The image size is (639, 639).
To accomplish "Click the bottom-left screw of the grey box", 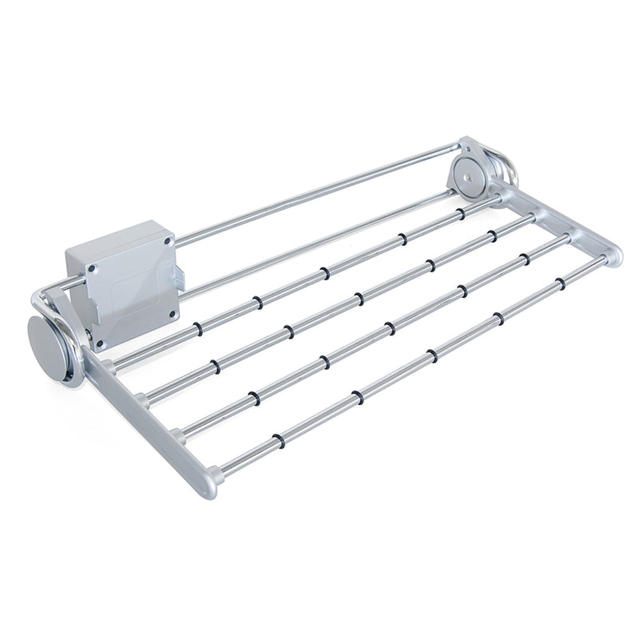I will click(x=100, y=343).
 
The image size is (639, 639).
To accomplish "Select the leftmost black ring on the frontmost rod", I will click(x=277, y=439).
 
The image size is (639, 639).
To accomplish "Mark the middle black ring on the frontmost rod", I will click(x=431, y=355).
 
